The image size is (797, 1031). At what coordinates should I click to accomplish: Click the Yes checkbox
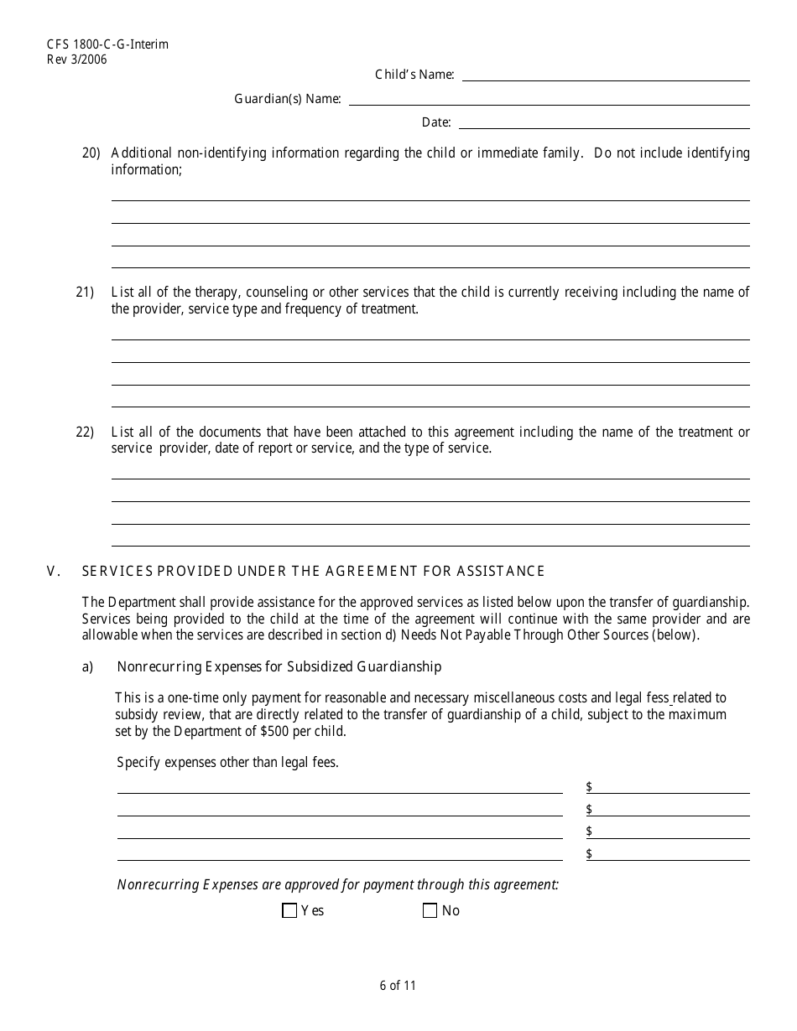[x=290, y=911]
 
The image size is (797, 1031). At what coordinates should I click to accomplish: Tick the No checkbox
[x=430, y=911]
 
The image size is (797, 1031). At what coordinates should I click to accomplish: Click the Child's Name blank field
[x=606, y=75]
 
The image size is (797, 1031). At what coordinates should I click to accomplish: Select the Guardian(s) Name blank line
[x=549, y=99]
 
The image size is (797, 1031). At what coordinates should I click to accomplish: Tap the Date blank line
[x=604, y=122]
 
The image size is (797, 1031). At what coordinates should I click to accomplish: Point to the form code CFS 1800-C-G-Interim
[x=96, y=44]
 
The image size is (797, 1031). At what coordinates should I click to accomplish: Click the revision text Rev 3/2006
[x=77, y=60]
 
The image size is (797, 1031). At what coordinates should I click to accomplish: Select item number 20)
[x=91, y=153]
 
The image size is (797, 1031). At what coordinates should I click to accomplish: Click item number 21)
[x=85, y=293]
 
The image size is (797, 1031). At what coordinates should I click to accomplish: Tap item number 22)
[x=85, y=433]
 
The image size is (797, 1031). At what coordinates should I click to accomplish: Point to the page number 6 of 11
[x=398, y=986]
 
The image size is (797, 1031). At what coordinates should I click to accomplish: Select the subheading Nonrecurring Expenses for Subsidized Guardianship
[x=279, y=667]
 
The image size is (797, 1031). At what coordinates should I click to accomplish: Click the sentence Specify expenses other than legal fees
[x=227, y=763]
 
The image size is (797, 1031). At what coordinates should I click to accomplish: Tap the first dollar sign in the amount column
[x=589, y=787]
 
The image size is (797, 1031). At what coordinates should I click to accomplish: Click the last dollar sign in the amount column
[x=589, y=854]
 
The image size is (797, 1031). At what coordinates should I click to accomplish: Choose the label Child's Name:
[x=414, y=75]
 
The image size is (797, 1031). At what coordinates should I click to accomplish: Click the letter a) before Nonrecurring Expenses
[x=87, y=667]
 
